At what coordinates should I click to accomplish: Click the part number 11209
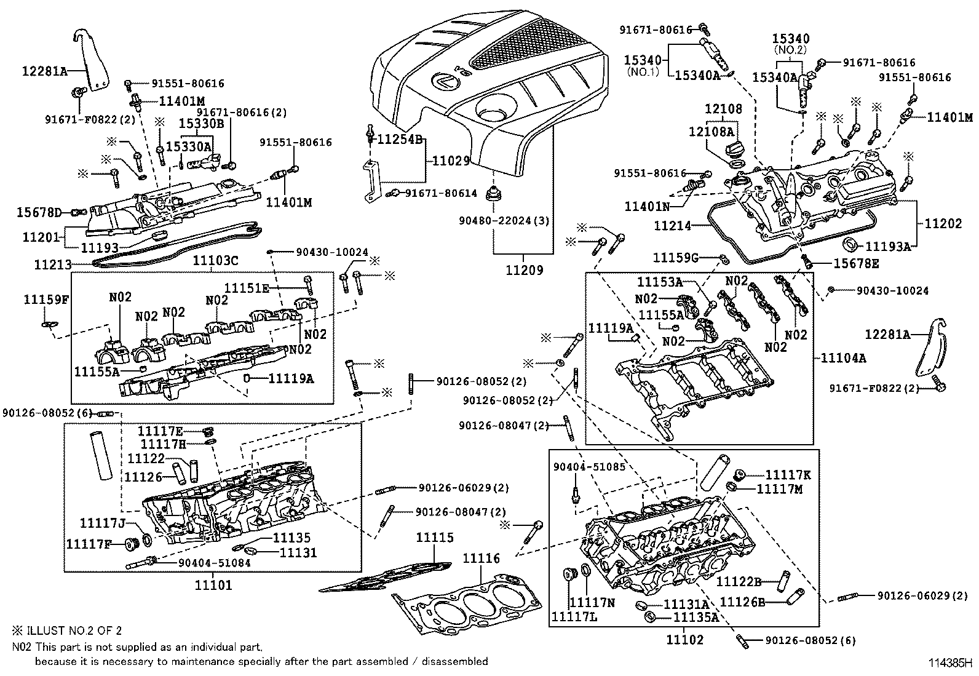point(525,270)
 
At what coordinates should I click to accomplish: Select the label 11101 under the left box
point(213,585)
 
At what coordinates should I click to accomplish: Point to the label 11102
point(684,640)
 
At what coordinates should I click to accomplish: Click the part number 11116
point(481,559)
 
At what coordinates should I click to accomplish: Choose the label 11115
point(435,538)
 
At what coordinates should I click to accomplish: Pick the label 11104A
point(843,358)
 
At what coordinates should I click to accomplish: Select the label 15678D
point(39,213)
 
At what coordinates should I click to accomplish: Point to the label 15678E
point(856,263)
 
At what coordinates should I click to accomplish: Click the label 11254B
point(400,140)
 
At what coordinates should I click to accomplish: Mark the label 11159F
point(46,300)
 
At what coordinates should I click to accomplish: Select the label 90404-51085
point(589,467)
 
